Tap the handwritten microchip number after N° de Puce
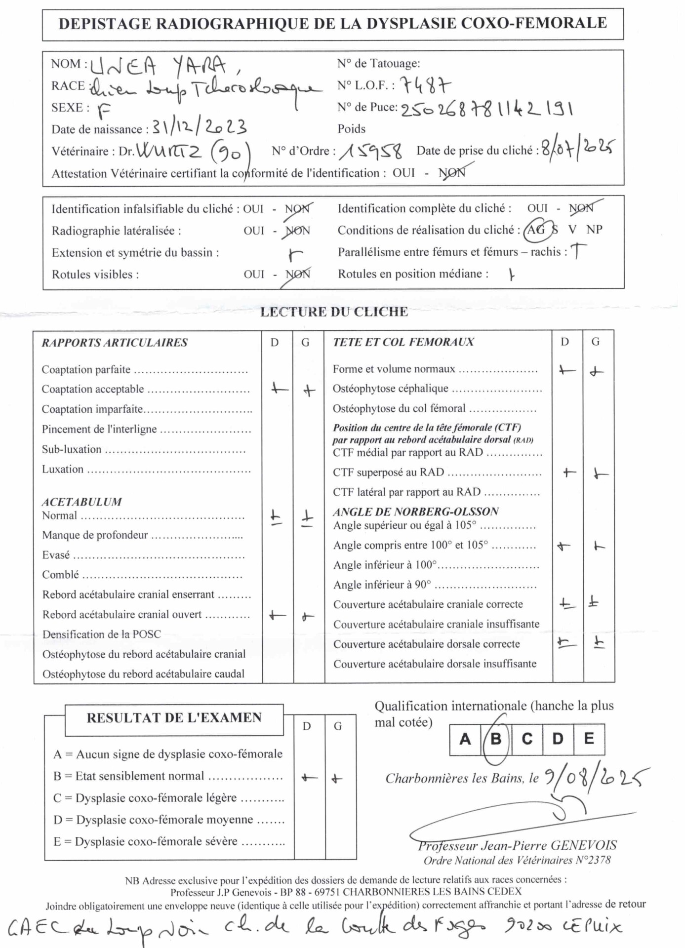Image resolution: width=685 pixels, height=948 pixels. pos(486,109)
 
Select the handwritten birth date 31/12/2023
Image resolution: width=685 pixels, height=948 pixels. pos(199,127)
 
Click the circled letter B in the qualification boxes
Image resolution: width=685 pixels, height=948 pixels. pos(496,739)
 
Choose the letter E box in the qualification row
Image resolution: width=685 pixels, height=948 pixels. pos(589,739)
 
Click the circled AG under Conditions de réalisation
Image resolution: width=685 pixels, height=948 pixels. pos(536,230)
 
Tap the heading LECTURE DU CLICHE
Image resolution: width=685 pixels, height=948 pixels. pos(334,312)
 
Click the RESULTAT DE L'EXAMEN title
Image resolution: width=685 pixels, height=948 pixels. pos(174,718)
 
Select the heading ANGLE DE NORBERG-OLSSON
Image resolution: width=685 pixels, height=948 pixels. pos(416,512)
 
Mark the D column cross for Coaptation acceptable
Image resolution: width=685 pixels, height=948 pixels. pos(279,389)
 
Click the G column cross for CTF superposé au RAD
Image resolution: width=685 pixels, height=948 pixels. pos(600,474)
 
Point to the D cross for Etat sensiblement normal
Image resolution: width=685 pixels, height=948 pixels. pos(309,778)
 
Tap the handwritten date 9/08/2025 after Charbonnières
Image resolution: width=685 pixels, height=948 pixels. pos(595,777)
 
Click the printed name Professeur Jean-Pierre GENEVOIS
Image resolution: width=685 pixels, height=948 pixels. pos(517,846)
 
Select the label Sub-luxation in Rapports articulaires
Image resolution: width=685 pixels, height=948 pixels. pos(72,449)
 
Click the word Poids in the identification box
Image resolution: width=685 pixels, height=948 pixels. pos(352,129)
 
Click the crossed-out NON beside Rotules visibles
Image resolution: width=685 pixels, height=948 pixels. pos(297,275)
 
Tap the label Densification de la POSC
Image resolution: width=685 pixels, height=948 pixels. pos(102,634)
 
